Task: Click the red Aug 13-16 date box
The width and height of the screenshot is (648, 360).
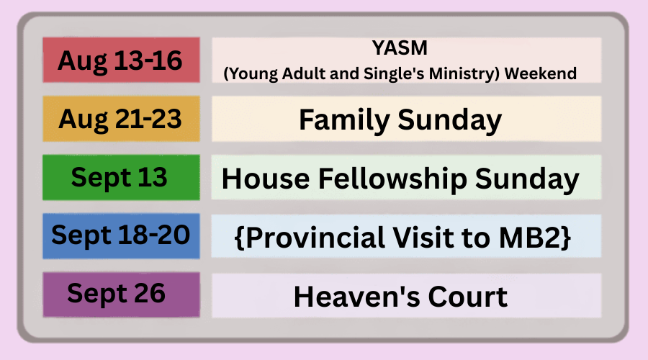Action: pyautogui.click(x=121, y=60)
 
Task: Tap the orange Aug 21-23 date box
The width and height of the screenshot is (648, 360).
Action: pyautogui.click(x=121, y=119)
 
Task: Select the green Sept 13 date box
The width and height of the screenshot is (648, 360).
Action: pyautogui.click(x=121, y=177)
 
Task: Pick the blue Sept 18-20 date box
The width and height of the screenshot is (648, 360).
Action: pyautogui.click(x=121, y=236)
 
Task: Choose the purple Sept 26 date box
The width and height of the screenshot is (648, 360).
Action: pyautogui.click(x=121, y=294)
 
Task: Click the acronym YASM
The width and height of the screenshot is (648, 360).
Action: pyautogui.click(x=400, y=48)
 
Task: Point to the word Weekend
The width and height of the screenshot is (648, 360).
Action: pyautogui.click(x=541, y=73)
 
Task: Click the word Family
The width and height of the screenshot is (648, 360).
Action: pyautogui.click(x=344, y=120)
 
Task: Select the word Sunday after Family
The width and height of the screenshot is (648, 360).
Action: pyautogui.click(x=449, y=120)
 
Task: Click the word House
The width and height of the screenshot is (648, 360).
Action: pyautogui.click(x=266, y=179)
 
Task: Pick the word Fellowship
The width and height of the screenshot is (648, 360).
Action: pyautogui.click(x=392, y=179)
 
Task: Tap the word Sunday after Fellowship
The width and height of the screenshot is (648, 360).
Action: pyautogui.click(x=527, y=179)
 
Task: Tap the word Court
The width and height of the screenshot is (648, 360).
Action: pyautogui.click(x=468, y=297)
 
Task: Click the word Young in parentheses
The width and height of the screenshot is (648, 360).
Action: pyautogui.click(x=253, y=74)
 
